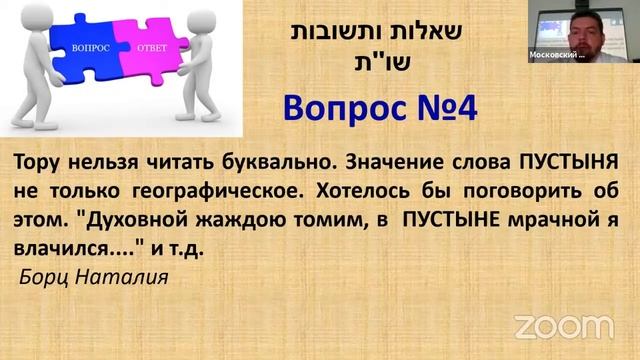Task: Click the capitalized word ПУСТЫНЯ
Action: [569, 162]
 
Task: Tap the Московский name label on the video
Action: [557, 56]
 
